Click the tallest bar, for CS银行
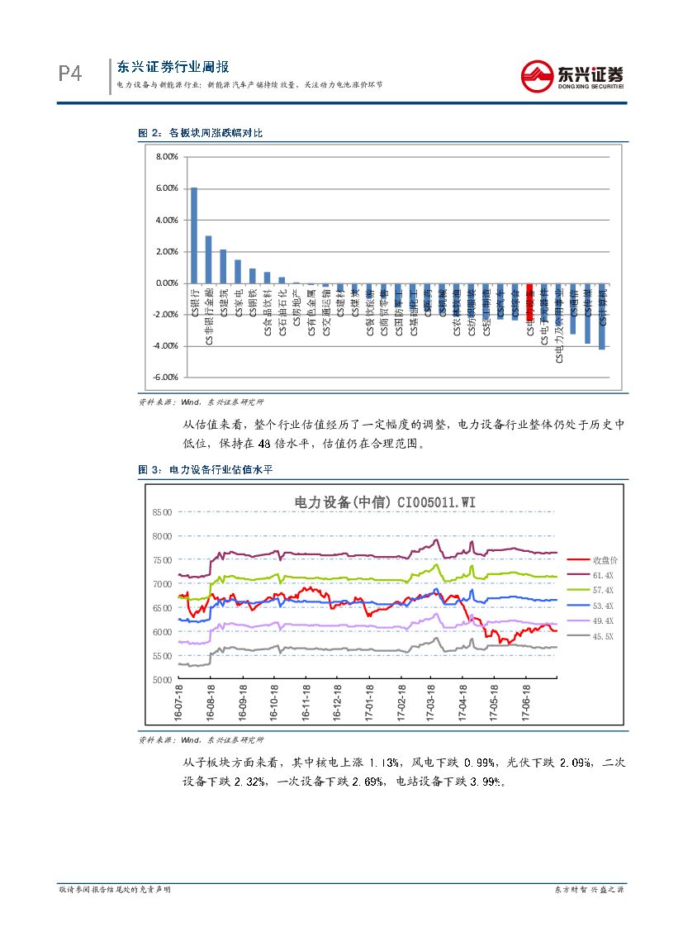[194, 235]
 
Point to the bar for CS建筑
[223, 266]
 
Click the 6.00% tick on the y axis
[167, 188]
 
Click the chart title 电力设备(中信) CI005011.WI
[386, 501]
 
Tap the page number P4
[70, 75]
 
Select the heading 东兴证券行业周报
[173, 67]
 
